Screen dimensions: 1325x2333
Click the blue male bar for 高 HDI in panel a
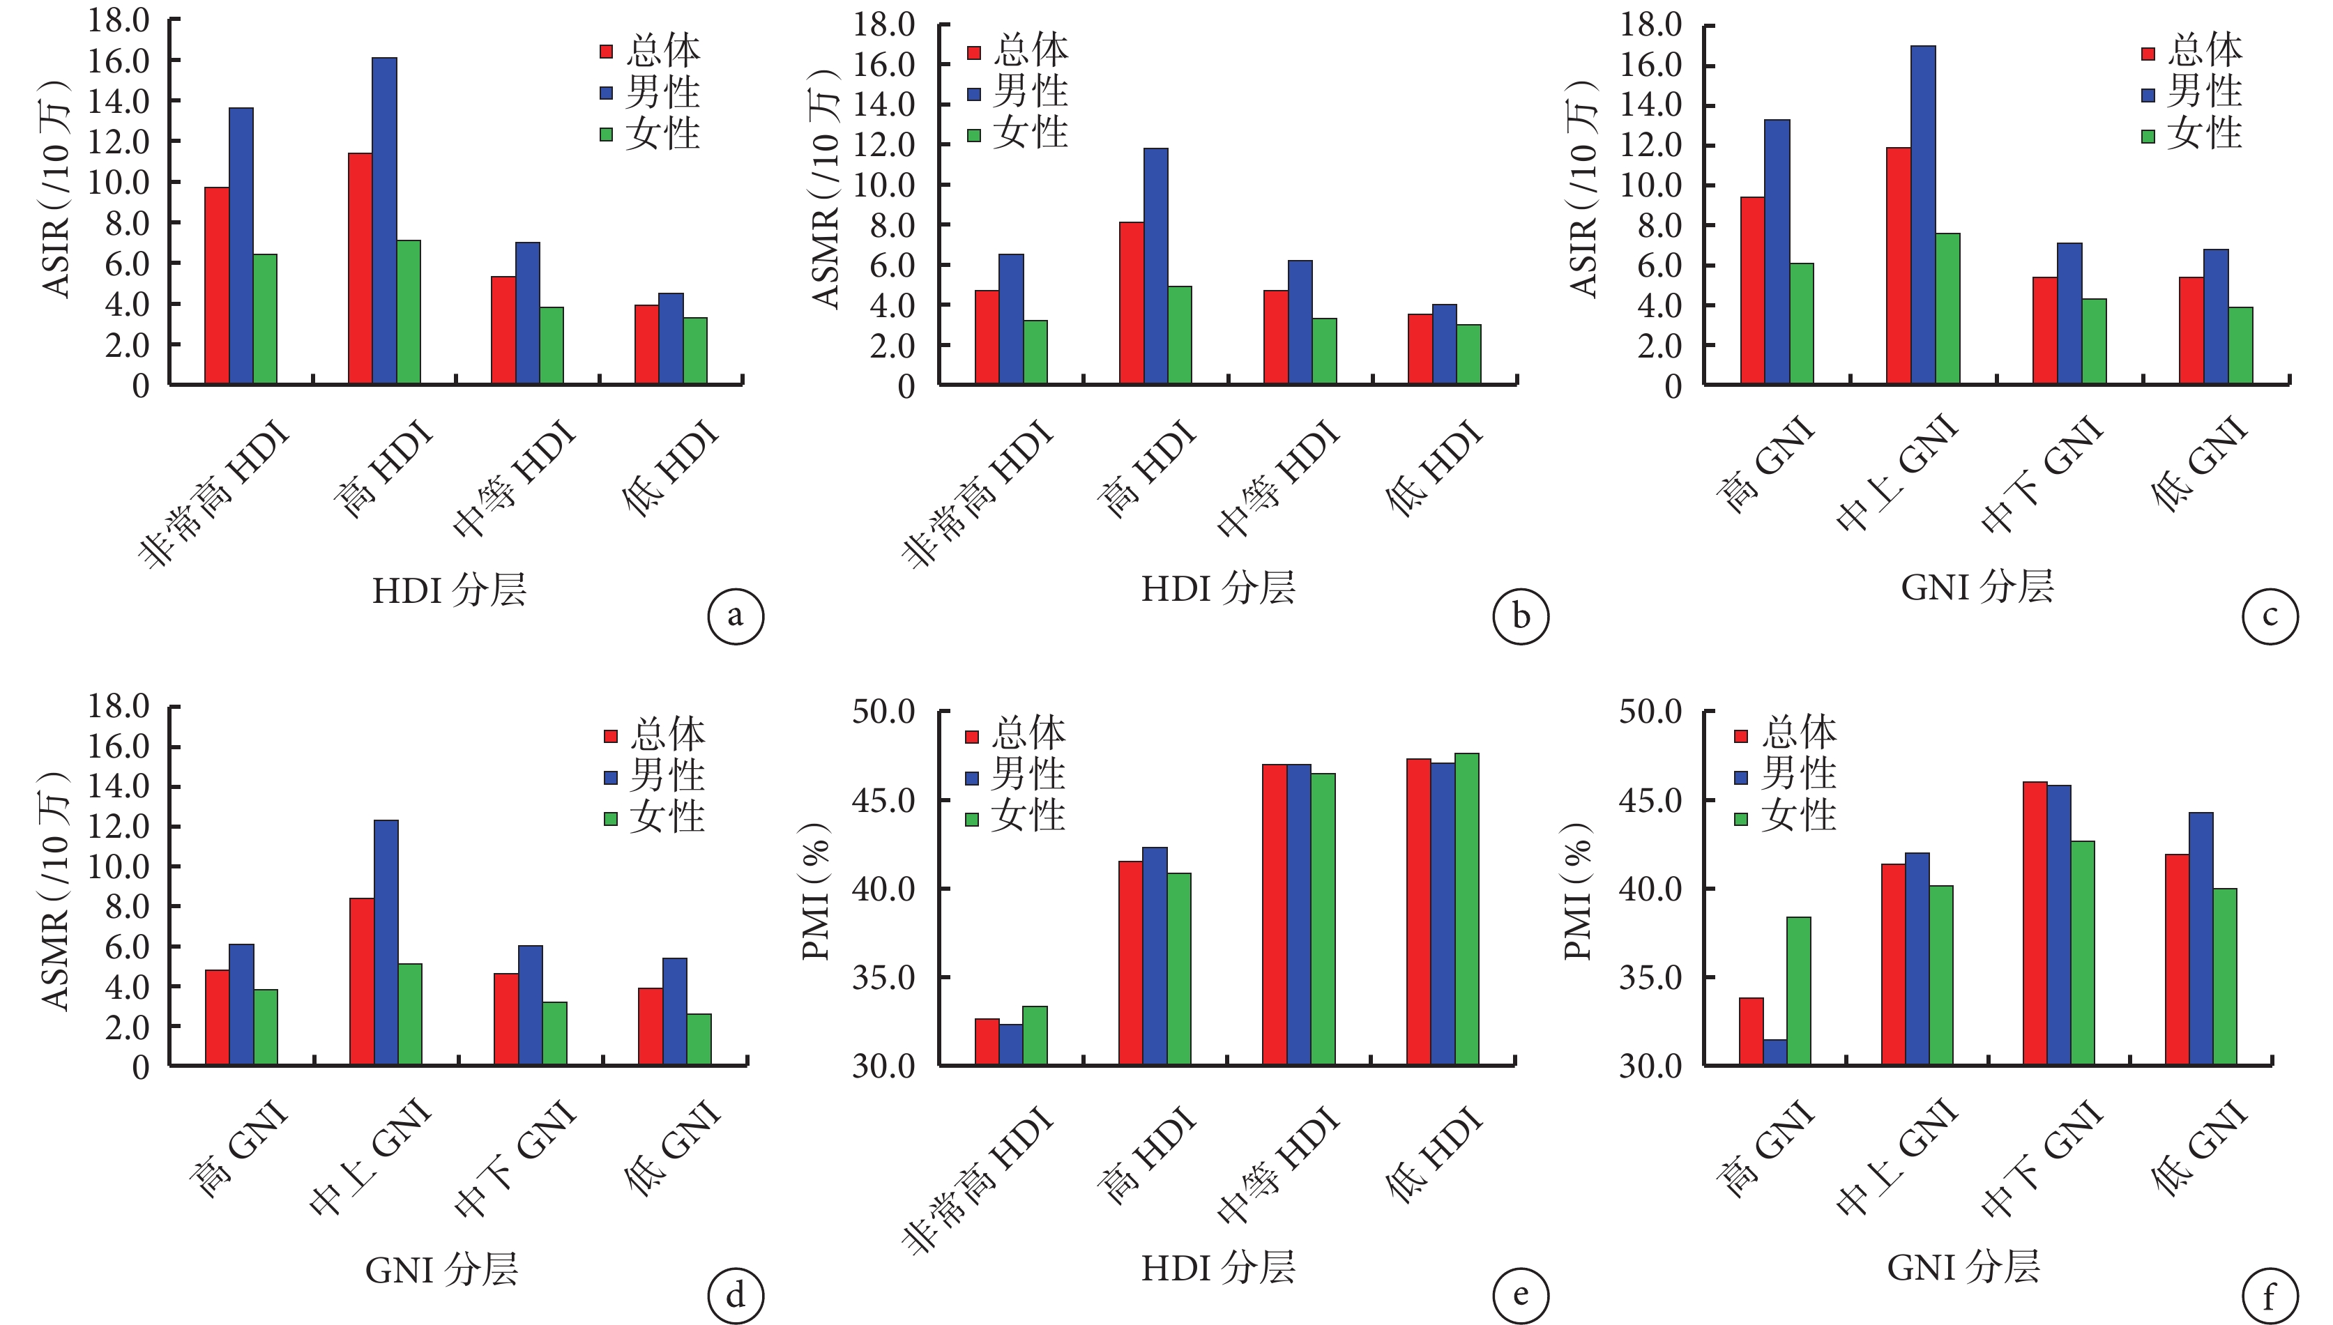pos(384,220)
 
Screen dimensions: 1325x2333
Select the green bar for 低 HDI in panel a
pos(695,351)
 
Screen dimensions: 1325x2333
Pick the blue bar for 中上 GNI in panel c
pos(1924,215)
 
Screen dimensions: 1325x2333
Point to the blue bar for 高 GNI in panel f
pos(1775,1052)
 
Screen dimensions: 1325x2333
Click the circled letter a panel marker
pos(736,616)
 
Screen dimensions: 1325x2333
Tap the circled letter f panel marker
pos(2270,1297)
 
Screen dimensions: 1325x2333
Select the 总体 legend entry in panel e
pos(1016,733)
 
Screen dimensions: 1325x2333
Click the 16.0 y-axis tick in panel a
pos(119,61)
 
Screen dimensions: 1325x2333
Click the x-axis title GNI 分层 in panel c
pos(1977,588)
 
